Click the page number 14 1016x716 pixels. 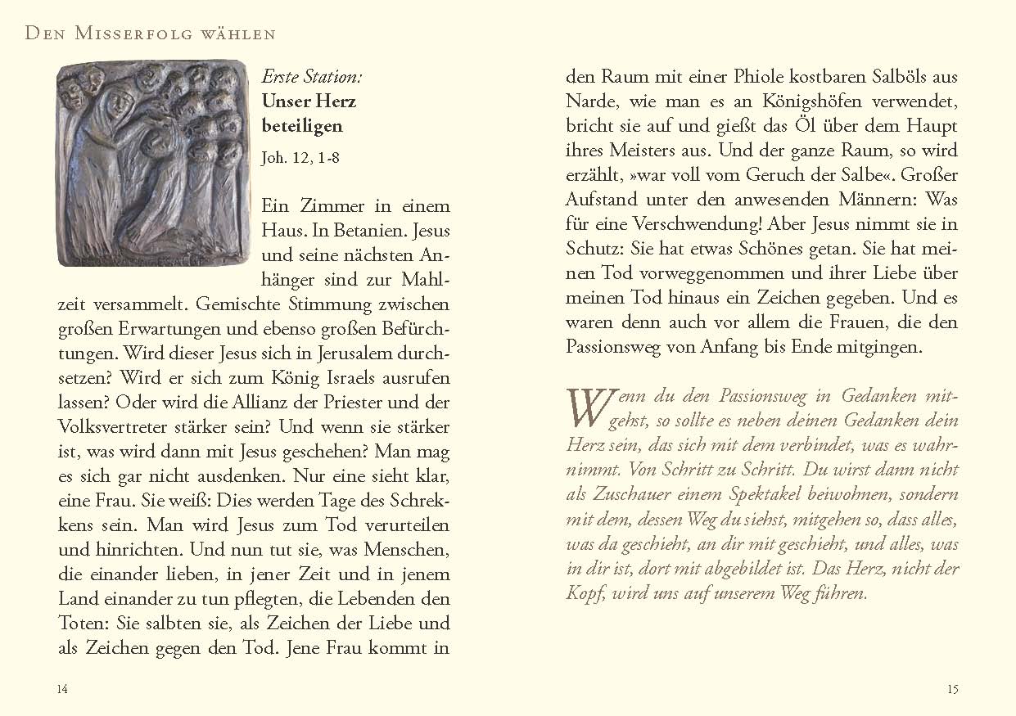[x=62, y=689]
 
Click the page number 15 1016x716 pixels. [x=952, y=689]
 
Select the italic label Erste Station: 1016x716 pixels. [x=311, y=78]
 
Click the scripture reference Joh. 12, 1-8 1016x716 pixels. [x=300, y=158]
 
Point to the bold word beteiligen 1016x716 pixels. [x=302, y=126]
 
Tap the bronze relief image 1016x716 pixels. [x=153, y=163]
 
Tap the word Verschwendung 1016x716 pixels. [x=683, y=224]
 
